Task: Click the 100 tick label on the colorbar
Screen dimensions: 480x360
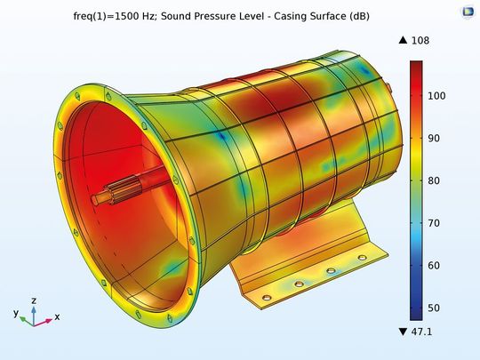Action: coord(436,96)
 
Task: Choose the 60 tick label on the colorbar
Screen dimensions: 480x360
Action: coord(434,266)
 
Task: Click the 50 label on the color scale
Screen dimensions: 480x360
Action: coord(434,308)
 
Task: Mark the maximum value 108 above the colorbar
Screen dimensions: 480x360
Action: coord(420,40)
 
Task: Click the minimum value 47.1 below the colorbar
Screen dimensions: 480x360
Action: coord(422,332)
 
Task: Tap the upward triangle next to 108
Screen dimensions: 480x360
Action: coord(404,40)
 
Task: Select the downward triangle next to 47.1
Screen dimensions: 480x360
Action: coord(404,332)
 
